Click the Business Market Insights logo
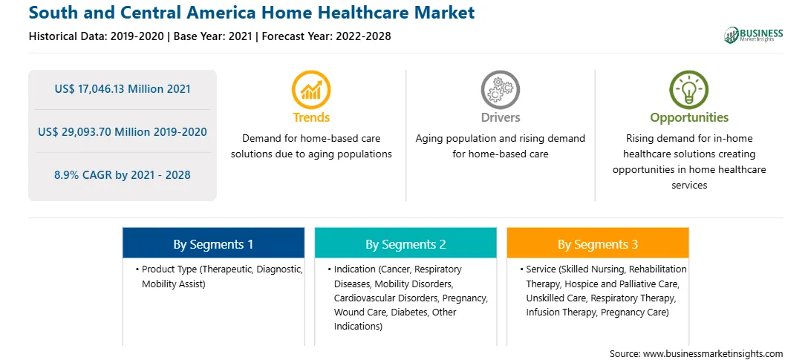(754, 35)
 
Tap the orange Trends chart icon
(311, 90)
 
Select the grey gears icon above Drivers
(500, 90)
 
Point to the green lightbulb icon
(689, 90)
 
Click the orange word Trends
(311, 117)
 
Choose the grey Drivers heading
(501, 117)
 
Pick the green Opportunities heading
(689, 118)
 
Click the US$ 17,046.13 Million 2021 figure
(123, 89)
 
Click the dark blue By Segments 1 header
(213, 243)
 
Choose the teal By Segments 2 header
(405, 243)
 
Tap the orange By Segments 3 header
(597, 243)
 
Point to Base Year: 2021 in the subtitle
(213, 36)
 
